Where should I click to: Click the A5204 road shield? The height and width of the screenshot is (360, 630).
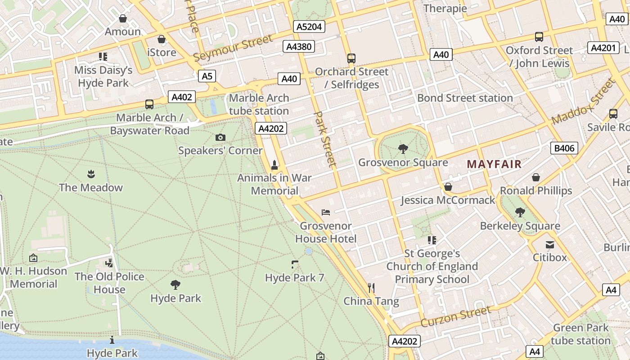[x=309, y=27]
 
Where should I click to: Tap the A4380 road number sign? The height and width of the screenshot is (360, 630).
[x=299, y=46]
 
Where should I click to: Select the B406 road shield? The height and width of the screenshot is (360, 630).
[x=564, y=148]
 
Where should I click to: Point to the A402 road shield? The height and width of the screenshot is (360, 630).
[x=182, y=97]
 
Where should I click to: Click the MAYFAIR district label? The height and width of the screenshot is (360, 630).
[x=494, y=164]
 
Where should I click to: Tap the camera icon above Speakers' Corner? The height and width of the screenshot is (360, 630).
[x=220, y=137]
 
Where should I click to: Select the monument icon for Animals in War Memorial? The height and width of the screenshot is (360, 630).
[x=274, y=165]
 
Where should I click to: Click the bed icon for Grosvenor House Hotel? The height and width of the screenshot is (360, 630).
[x=326, y=212]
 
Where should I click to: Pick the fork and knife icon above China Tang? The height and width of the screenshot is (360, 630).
[x=371, y=288]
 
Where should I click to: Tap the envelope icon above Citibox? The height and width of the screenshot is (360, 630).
[x=550, y=245]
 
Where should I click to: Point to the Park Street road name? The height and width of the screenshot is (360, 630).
[x=325, y=139]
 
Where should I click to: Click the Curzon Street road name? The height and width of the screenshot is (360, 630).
[x=456, y=316]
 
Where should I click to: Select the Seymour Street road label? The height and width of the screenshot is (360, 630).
[x=233, y=48]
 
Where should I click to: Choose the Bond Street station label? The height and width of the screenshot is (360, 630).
[x=465, y=98]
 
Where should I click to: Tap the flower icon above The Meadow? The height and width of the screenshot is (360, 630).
[x=90, y=174]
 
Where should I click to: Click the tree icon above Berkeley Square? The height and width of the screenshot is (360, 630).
[x=520, y=212]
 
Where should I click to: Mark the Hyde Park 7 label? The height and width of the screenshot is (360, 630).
[x=294, y=278]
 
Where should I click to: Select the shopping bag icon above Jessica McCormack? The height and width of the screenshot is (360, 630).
[x=448, y=186]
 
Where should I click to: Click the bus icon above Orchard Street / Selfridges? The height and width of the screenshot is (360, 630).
[x=351, y=58]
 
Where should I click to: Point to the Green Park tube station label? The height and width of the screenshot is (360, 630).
[x=580, y=334]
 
